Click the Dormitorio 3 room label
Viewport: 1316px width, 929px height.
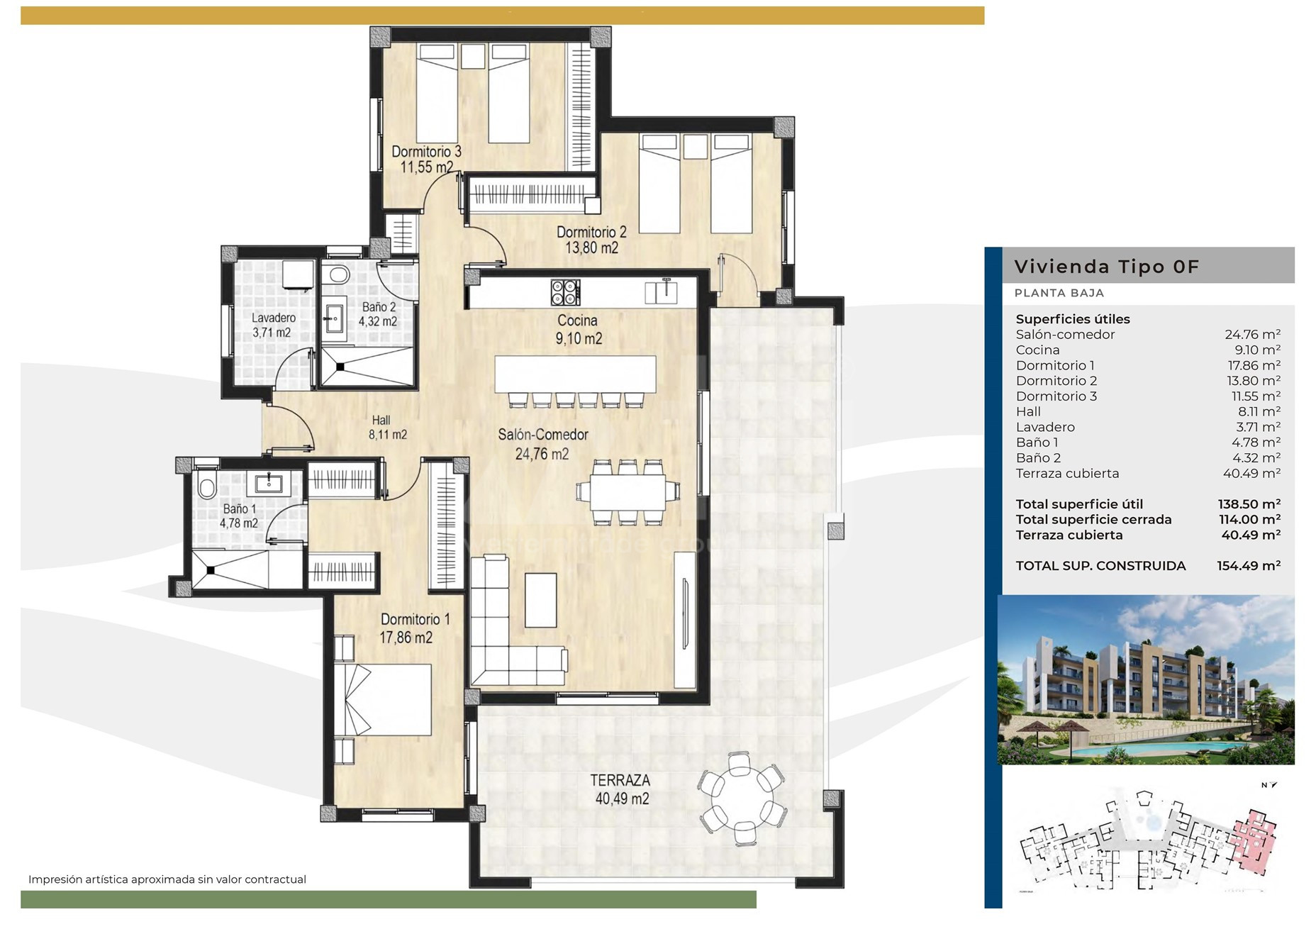click(426, 152)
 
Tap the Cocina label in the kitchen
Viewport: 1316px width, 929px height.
click(577, 321)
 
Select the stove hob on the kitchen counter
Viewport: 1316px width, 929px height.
click(565, 292)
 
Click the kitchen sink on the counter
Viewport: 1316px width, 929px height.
click(661, 292)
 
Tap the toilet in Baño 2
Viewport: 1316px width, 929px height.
click(339, 275)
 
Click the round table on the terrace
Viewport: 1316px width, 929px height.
click(741, 799)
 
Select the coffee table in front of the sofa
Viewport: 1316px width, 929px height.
click(540, 600)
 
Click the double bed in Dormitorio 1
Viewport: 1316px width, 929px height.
click(383, 699)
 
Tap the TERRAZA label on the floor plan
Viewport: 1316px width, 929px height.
click(620, 780)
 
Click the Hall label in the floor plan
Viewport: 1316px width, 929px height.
click(381, 421)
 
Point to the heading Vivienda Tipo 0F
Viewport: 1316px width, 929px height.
click(1106, 267)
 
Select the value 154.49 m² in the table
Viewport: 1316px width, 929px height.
click(1249, 566)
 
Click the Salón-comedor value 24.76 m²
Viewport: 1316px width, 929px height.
click(1252, 335)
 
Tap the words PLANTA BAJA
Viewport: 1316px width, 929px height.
click(1059, 293)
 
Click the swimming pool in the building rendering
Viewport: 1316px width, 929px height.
click(1163, 749)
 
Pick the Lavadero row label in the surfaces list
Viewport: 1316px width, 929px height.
click(1045, 427)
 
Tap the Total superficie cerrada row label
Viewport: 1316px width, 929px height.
click(1093, 520)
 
